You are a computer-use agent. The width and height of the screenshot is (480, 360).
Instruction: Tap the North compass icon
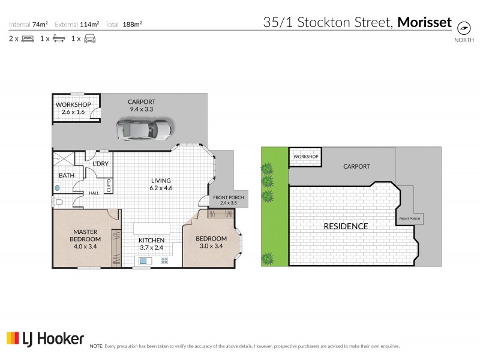tap(463, 28)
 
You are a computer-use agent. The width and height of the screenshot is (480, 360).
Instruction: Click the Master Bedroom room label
tap(85, 235)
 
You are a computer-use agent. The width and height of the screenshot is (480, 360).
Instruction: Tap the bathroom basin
tap(58, 187)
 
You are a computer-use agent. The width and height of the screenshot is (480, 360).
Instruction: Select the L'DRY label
tap(100, 163)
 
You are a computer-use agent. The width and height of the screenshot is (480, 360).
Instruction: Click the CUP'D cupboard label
tap(109, 186)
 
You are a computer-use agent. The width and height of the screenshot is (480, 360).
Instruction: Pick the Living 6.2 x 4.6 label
tap(161, 184)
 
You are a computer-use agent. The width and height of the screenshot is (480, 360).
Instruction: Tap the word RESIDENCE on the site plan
tap(346, 226)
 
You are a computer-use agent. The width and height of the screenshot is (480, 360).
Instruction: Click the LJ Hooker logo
tap(45, 339)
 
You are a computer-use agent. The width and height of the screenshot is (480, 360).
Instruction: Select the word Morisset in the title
tap(425, 23)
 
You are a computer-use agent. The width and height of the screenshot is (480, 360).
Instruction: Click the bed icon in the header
tap(28, 39)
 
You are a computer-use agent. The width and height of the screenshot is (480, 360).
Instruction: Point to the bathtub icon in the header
tap(58, 39)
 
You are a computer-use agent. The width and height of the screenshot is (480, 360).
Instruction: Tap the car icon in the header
tap(89, 39)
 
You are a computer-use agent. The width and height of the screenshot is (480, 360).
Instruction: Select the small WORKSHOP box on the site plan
tap(305, 157)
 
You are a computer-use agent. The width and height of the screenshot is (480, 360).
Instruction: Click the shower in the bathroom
tap(63, 160)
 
